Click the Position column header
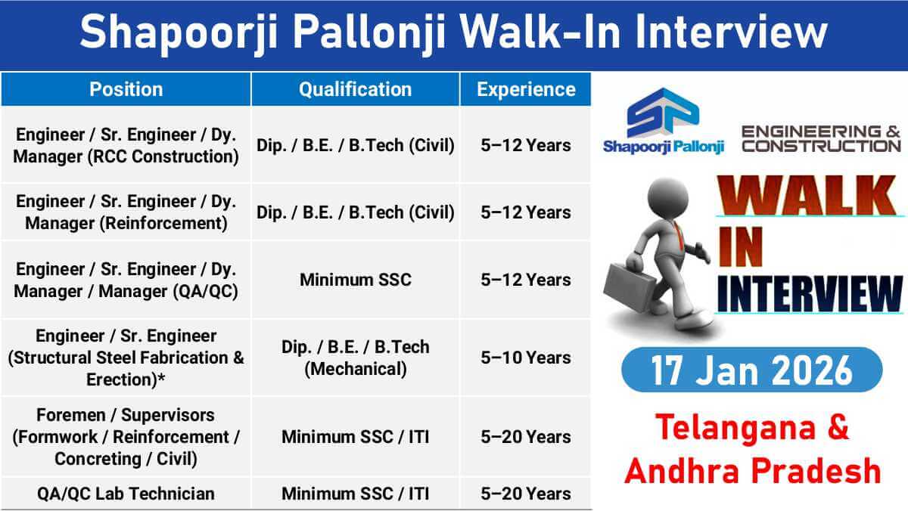126,89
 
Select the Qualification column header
355,89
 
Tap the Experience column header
526,89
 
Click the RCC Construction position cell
126,145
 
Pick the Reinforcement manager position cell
126,212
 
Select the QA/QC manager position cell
126,280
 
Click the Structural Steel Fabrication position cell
126,358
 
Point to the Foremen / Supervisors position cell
126,437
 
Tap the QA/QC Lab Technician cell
126,494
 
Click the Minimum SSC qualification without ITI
355,280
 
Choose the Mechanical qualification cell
355,358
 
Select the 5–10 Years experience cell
526,358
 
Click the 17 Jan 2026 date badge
752,370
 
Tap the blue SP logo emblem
663,113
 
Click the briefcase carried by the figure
630,288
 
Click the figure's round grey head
667,198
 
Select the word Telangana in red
735,427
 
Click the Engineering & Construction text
821,139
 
